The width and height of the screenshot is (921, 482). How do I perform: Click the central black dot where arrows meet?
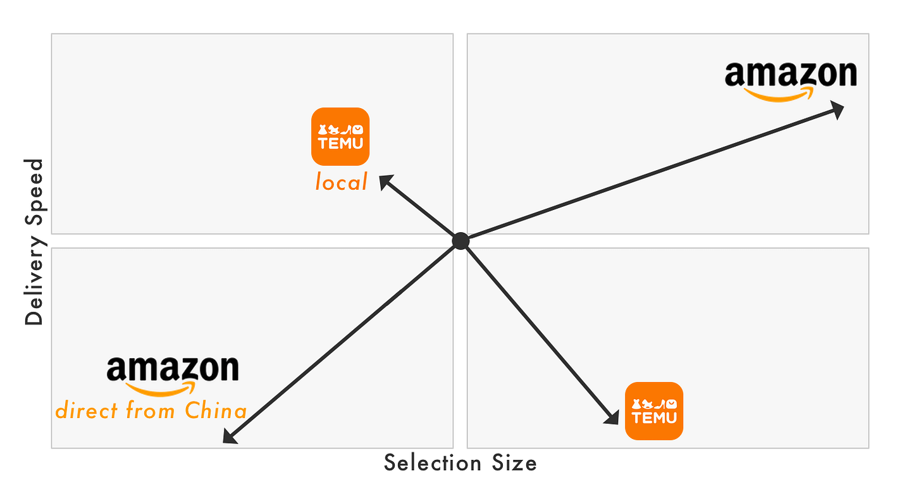tap(460, 241)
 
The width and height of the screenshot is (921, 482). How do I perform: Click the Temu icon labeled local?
tap(340, 137)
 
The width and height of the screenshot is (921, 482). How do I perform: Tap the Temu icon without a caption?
tap(654, 411)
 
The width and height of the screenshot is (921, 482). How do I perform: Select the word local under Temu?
tap(342, 183)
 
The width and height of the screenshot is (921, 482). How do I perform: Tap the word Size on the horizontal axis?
tap(514, 463)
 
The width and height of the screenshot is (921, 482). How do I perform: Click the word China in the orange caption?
tap(215, 411)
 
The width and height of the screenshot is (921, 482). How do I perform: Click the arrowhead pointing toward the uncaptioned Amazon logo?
tap(836, 110)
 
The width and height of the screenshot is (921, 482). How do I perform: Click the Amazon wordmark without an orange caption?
tap(790, 74)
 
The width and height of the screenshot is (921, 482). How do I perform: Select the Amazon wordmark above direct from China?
tap(173, 369)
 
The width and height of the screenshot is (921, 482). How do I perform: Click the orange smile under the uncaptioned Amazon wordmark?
tap(778, 95)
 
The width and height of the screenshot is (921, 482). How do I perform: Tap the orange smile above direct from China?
tap(161, 388)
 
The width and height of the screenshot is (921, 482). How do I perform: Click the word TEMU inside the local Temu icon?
tap(340, 143)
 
